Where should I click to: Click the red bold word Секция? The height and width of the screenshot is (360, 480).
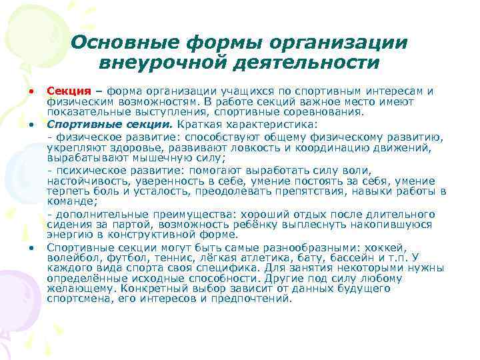69,91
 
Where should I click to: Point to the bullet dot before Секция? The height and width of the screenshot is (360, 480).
31,91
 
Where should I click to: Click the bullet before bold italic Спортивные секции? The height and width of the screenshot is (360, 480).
31,125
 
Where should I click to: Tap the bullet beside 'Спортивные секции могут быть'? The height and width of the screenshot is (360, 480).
31,247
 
